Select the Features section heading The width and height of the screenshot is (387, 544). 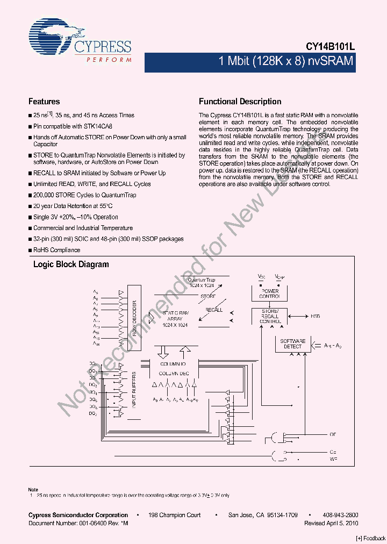coord(44,101)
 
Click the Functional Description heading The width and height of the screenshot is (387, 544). coord(240,101)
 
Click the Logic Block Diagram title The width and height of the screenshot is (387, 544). coord(71,264)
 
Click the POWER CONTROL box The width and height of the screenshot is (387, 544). coord(269,294)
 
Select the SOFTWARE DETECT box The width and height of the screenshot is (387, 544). coord(293,343)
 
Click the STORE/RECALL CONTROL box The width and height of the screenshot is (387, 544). coord(269,316)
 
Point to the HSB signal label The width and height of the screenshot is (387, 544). coord(315,316)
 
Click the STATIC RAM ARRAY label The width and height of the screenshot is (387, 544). coord(175,319)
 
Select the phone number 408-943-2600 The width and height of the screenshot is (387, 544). coord(341,515)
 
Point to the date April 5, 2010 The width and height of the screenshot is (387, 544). coord(341,523)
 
